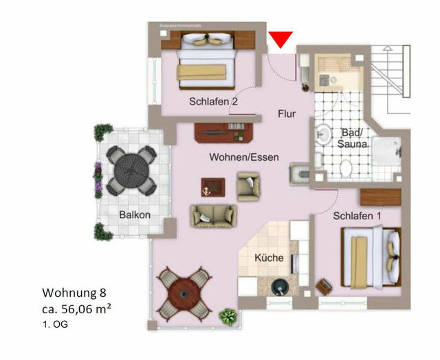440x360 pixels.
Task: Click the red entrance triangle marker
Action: click(x=280, y=40)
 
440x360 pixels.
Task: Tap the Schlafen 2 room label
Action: click(x=213, y=102)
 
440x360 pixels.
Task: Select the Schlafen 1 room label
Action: click(x=357, y=216)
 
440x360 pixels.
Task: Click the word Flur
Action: click(x=287, y=114)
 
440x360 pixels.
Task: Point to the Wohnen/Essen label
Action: click(x=244, y=157)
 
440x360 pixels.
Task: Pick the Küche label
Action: click(x=269, y=258)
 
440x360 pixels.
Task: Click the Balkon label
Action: click(x=134, y=214)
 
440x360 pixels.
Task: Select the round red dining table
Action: click(x=184, y=291)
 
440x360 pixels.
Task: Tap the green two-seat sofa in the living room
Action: click(x=213, y=216)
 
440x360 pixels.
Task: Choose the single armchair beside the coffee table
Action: click(x=247, y=185)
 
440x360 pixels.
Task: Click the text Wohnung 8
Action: click(x=71, y=293)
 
